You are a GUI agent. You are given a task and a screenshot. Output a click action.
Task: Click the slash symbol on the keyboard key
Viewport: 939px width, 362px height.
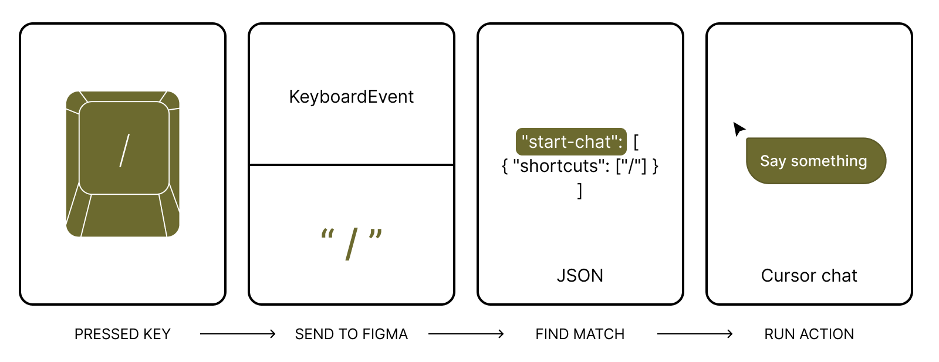coord(124,150)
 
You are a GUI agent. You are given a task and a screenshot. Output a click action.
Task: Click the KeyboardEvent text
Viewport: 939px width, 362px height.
coord(351,97)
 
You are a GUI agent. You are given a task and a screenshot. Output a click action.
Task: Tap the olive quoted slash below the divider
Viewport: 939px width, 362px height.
coord(352,243)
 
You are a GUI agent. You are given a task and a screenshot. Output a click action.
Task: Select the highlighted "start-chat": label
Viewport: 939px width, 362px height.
coord(571,142)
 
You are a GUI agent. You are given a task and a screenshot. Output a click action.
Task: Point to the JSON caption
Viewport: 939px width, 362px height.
coord(580,275)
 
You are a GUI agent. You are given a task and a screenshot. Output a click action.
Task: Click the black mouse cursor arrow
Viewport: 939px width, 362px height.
coord(738,128)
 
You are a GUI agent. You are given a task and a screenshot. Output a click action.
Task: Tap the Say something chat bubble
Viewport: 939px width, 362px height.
coord(815,161)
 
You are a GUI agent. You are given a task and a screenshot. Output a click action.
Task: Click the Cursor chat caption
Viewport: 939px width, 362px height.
coord(809,275)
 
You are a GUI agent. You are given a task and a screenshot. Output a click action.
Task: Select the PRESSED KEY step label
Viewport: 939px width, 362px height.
coord(122,334)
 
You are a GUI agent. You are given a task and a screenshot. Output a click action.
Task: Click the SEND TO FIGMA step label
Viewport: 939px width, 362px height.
coord(351,334)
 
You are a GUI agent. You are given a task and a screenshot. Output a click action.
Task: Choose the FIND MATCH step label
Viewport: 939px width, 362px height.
coord(580,334)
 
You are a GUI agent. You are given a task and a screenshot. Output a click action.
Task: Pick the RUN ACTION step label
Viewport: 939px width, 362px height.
coord(809,334)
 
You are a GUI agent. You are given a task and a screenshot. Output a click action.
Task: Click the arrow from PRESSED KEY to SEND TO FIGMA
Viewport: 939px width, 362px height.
coord(237,334)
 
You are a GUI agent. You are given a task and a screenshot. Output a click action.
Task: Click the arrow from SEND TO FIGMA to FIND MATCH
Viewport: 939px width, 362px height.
coord(466,334)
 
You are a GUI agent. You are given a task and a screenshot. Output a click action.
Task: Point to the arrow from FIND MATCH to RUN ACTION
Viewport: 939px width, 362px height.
coord(694,334)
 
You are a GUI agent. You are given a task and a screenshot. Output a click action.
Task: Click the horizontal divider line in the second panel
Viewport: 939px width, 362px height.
coord(352,165)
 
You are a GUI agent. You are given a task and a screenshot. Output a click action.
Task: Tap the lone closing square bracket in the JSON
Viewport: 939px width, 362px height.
coord(580,190)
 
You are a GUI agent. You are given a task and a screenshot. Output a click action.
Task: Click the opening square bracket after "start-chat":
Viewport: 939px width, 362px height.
coord(636,142)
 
